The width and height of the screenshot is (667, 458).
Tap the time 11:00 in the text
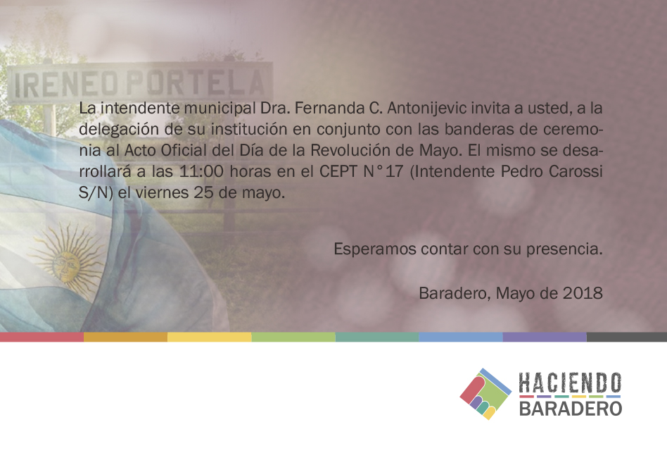pos(201,172)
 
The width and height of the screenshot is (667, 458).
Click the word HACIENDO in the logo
pos(570,383)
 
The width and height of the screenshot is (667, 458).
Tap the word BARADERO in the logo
pos(571,408)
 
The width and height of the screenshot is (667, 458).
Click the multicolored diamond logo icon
pos(485,394)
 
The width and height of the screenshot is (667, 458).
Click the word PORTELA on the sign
pos(196,83)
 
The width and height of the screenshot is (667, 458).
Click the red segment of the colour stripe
pos(42,337)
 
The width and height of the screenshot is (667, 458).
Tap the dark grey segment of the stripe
pos(627,337)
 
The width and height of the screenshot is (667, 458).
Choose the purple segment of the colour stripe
pos(545,337)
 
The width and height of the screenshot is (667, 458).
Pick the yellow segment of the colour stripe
pos(209,337)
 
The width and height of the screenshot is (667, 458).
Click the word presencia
pos(564,249)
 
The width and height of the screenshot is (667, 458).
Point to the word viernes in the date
pos(162,193)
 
